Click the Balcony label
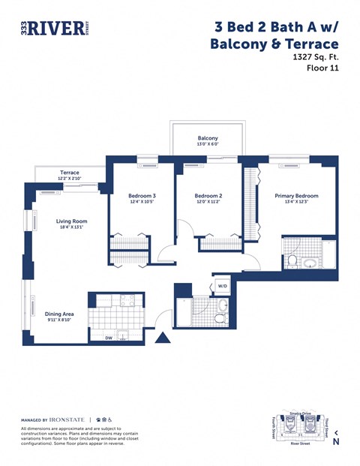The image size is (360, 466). [208, 138]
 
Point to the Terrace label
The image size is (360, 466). [70, 173]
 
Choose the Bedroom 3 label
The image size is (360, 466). [142, 195]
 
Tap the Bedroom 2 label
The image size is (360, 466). [209, 195]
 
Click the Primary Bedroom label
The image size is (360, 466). [296, 196]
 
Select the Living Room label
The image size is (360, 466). [72, 221]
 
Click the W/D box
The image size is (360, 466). [222, 286]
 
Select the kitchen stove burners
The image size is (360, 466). [126, 300]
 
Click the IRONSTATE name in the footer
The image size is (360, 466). [67, 419]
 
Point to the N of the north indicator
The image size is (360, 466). [336, 442]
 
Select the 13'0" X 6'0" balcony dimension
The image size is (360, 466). [208, 145]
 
